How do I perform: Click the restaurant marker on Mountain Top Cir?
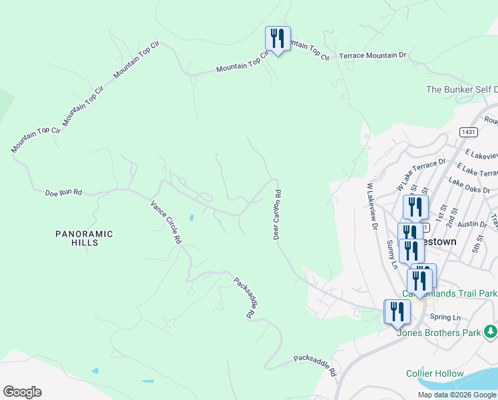click(x=278, y=39)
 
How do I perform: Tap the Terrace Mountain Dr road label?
click(x=372, y=56)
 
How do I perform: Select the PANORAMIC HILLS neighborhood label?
click(x=84, y=238)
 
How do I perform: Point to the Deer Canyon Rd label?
click(x=277, y=214)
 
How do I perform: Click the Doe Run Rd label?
click(x=63, y=193)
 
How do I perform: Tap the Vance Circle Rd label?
click(x=166, y=223)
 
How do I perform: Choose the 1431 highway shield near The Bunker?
click(x=467, y=132)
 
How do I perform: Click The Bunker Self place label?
click(x=461, y=89)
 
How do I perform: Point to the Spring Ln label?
click(x=445, y=317)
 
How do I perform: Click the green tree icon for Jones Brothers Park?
click(x=490, y=331)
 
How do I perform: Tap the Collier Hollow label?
click(x=435, y=374)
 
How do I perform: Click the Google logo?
click(x=22, y=392)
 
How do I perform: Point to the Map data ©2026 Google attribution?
click(x=457, y=395)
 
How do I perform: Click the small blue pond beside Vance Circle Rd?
click(x=191, y=217)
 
